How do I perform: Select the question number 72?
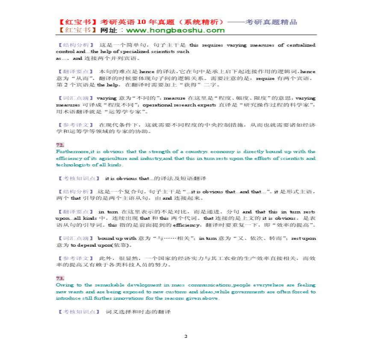coord(60,145)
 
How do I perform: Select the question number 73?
coord(60,278)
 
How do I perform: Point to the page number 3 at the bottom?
coord(186,336)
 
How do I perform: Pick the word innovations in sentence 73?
coord(138,298)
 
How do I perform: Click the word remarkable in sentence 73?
coord(103,285)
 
